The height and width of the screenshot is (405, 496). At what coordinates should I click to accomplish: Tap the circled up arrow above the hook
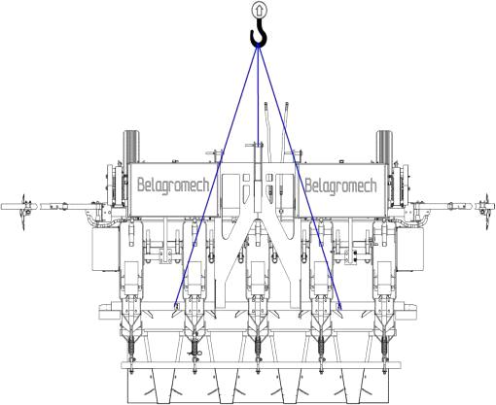pyautogui.click(x=259, y=10)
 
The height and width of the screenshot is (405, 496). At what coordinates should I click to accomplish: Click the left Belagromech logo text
pyautogui.click(x=173, y=186)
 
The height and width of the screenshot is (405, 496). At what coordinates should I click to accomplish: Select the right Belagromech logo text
pyautogui.click(x=340, y=186)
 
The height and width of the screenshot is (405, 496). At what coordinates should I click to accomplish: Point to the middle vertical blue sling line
pyautogui.click(x=258, y=95)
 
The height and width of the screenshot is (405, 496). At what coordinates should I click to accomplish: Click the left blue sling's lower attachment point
pyautogui.click(x=176, y=306)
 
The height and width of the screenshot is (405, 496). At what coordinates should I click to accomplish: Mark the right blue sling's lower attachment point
pyautogui.click(x=339, y=307)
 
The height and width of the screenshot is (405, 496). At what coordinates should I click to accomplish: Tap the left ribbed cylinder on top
pyautogui.click(x=131, y=147)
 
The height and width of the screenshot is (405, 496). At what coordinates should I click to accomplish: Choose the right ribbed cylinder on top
pyautogui.click(x=384, y=147)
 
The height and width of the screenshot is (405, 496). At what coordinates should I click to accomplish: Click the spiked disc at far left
pyautogui.click(x=23, y=212)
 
